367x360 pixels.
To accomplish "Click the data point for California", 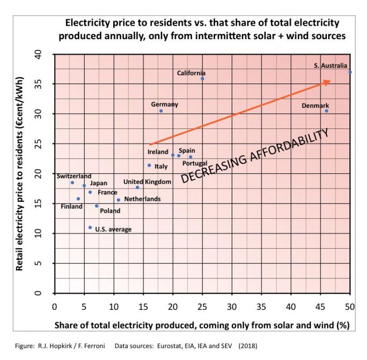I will tap(202, 79).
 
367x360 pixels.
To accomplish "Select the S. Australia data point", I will tap(350, 72).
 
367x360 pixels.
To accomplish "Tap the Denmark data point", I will tap(326, 111).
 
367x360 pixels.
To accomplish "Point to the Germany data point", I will tap(161, 111).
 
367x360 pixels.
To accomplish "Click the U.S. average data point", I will tap(90, 227).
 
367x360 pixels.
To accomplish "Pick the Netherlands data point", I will tap(119, 200).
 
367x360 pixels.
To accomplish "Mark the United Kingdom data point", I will tap(137, 187).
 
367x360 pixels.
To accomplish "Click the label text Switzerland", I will tap(74, 176).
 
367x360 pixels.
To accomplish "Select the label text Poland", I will tap(110, 211).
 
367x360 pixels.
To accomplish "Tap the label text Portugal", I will tap(195, 163).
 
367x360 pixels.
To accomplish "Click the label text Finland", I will tap(71, 207).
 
